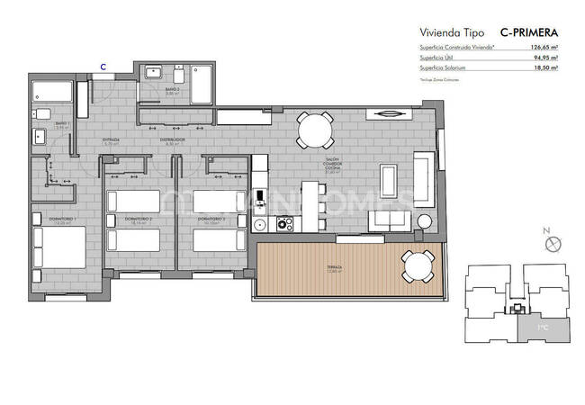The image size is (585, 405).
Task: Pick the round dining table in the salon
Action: click(x=315, y=130)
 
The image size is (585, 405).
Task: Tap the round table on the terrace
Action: click(x=416, y=265)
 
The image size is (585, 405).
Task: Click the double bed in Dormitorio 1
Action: click(x=59, y=248)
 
